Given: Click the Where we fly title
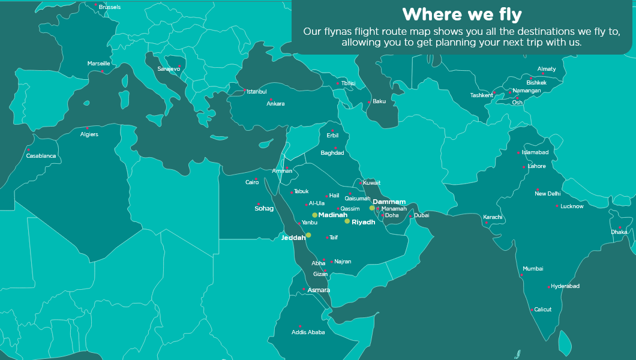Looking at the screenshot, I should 461,14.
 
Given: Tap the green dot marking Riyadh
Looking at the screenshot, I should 347,221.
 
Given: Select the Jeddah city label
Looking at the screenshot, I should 293,238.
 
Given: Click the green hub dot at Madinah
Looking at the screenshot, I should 314,215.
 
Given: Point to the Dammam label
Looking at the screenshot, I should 389,202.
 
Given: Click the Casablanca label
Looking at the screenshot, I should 41,156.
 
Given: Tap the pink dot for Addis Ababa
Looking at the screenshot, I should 300,326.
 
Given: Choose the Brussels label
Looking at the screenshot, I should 110,7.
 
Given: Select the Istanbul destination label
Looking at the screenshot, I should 257,92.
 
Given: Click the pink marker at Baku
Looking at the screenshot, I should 370,102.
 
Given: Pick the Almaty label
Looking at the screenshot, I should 547,69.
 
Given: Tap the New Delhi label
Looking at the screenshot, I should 547,194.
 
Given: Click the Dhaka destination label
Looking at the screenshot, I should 619,232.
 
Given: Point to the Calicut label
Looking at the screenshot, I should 542,310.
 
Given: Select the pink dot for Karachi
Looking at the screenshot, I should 487,223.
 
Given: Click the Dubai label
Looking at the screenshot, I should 421,215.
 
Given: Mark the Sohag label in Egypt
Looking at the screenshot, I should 264,209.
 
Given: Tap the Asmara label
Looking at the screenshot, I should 319,290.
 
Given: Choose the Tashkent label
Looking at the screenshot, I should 481,95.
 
